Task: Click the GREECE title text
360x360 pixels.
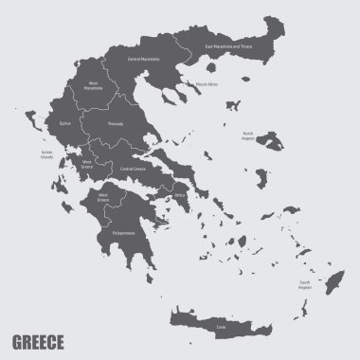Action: (x=39, y=339)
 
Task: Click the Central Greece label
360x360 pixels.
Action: (x=132, y=168)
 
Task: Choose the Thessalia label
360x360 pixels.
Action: (x=115, y=122)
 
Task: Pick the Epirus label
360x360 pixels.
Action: (x=65, y=122)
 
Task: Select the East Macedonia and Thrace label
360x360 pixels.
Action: (x=227, y=45)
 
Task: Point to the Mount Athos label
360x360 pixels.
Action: (x=207, y=84)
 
